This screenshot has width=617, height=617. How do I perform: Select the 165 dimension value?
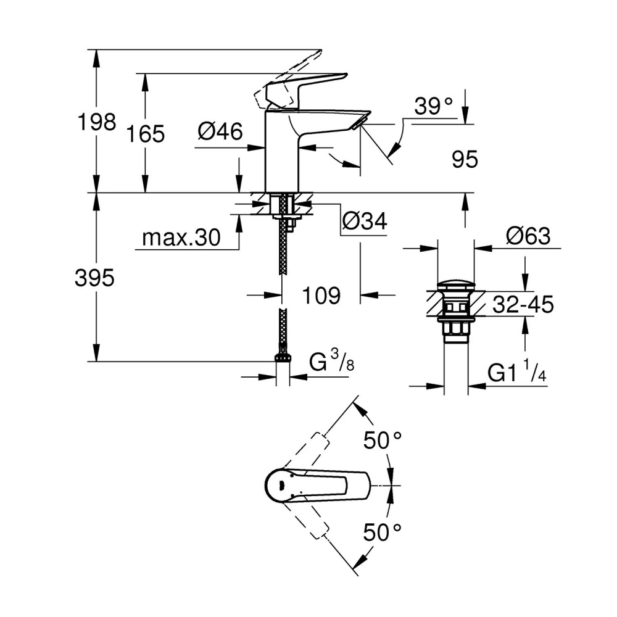(x=147, y=133)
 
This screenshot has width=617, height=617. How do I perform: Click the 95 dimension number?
(x=465, y=160)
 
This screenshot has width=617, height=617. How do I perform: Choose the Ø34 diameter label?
(x=364, y=222)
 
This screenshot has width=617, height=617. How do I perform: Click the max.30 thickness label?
(x=181, y=238)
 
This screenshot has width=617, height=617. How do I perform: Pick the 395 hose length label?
(x=94, y=279)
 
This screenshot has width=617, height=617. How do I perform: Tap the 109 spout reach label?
(x=321, y=296)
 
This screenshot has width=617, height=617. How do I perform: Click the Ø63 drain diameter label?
(x=528, y=236)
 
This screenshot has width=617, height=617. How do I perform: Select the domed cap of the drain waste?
(x=455, y=286)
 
